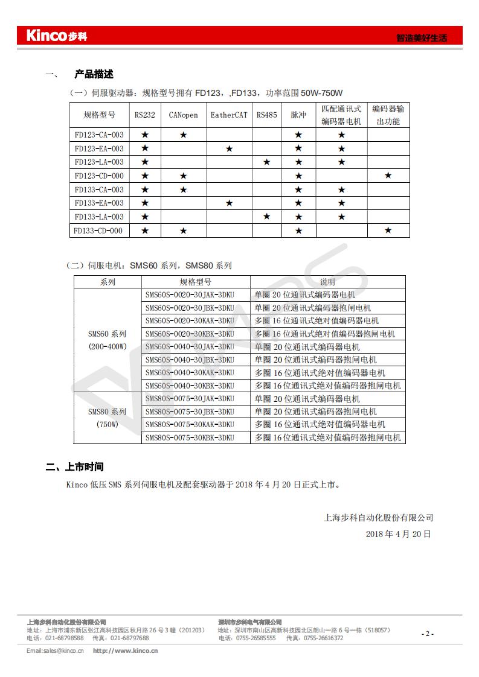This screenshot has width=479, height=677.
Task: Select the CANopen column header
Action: pyautogui.click(x=183, y=115)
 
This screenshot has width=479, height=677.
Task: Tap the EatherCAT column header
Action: pyautogui.click(x=229, y=115)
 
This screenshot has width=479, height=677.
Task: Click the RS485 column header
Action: pyautogui.click(x=266, y=115)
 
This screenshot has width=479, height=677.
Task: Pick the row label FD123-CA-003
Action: pyautogui.click(x=99, y=135)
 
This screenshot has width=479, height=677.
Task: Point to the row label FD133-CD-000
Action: pyautogui.click(x=99, y=230)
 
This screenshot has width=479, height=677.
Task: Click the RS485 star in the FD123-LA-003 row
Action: pyautogui.click(x=266, y=162)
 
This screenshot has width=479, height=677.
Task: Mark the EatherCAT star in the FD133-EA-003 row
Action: pyautogui.click(x=229, y=203)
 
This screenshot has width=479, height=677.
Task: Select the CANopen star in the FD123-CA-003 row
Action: pyautogui.click(x=183, y=135)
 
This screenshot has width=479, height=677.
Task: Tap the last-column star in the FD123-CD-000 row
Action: pyautogui.click(x=388, y=176)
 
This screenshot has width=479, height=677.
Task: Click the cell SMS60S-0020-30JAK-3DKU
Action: pyautogui.click(x=189, y=295)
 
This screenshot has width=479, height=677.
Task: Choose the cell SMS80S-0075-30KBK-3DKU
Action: pyautogui.click(x=189, y=437)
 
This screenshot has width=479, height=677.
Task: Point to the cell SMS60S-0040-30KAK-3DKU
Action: pyautogui.click(x=189, y=373)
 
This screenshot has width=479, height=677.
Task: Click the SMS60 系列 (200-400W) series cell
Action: pyautogui.click(x=108, y=340)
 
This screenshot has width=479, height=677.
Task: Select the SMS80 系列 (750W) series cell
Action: pyautogui.click(x=108, y=418)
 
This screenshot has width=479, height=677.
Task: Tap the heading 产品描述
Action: pyautogui.click(x=94, y=75)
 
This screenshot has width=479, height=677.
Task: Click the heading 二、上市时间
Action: pyautogui.click(x=75, y=467)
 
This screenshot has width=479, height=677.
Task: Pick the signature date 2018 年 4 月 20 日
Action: pyautogui.click(x=398, y=534)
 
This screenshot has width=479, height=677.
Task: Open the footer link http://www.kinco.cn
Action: pyautogui.click(x=125, y=650)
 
